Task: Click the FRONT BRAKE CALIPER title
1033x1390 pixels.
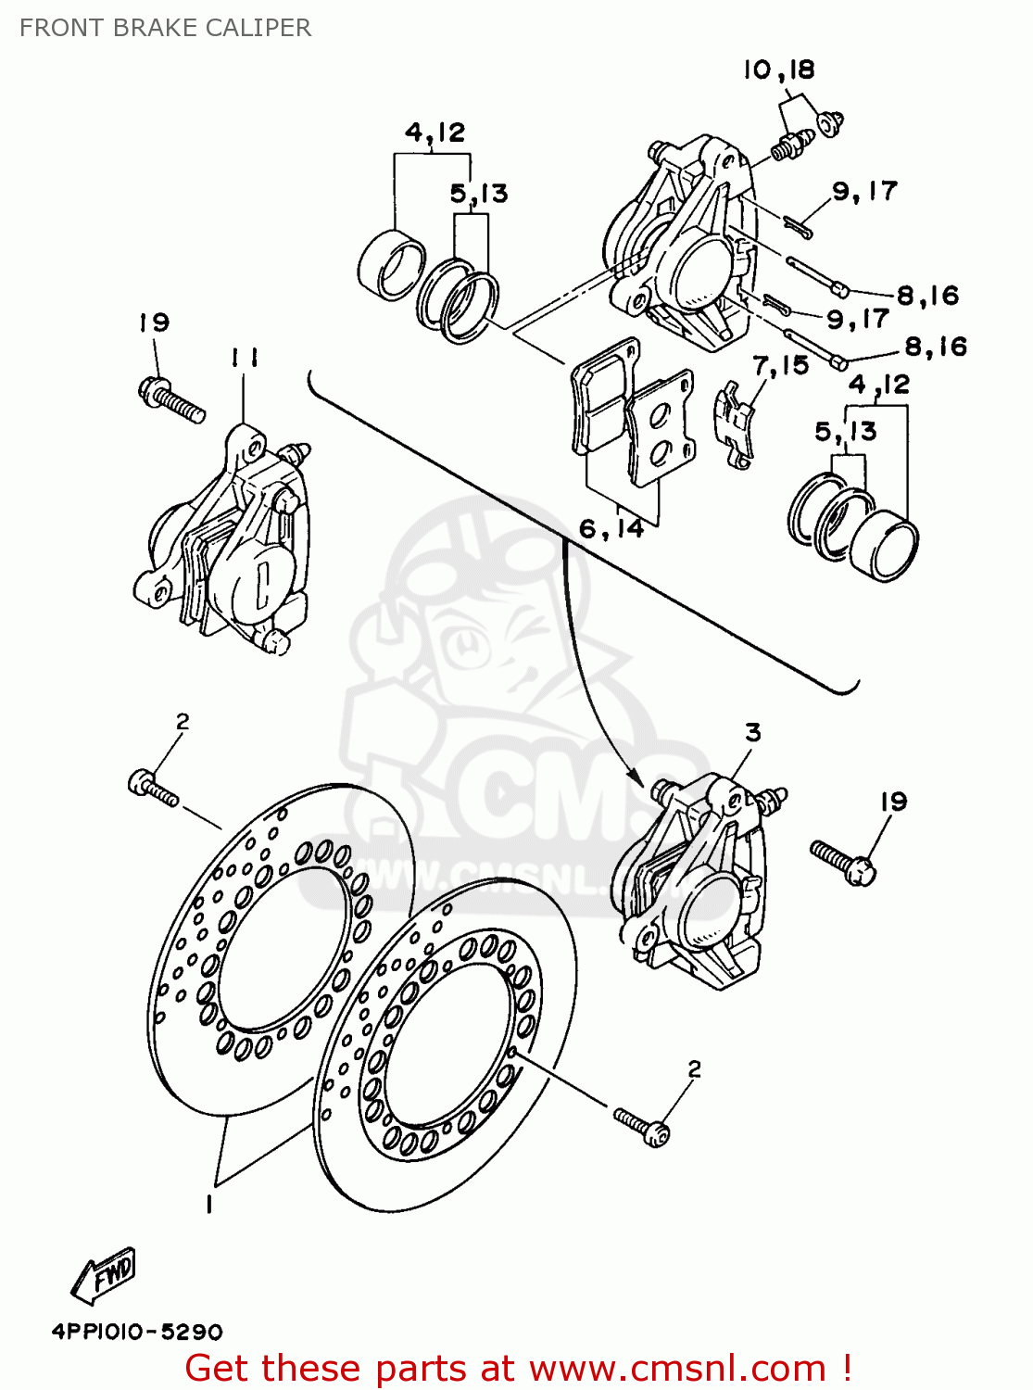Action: [165, 28]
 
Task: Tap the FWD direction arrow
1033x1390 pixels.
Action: [104, 1274]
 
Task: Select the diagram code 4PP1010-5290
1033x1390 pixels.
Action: [137, 1332]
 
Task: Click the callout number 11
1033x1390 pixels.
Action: [245, 358]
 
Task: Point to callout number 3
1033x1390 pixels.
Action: [752, 733]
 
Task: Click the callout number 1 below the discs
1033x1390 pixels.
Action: [209, 1204]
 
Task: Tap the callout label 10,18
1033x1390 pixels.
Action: [778, 69]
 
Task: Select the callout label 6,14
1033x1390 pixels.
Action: [611, 528]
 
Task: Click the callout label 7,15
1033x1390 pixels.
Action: [780, 365]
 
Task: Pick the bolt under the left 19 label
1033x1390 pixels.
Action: [171, 399]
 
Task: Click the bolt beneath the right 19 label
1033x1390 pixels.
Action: [843, 861]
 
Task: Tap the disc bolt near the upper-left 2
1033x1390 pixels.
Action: [153, 789]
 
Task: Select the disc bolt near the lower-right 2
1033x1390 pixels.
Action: [641, 1125]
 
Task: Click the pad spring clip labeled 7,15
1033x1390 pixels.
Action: [734, 423]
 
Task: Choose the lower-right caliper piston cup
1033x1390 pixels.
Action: [885, 546]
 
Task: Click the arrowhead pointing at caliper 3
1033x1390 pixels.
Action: [636, 775]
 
